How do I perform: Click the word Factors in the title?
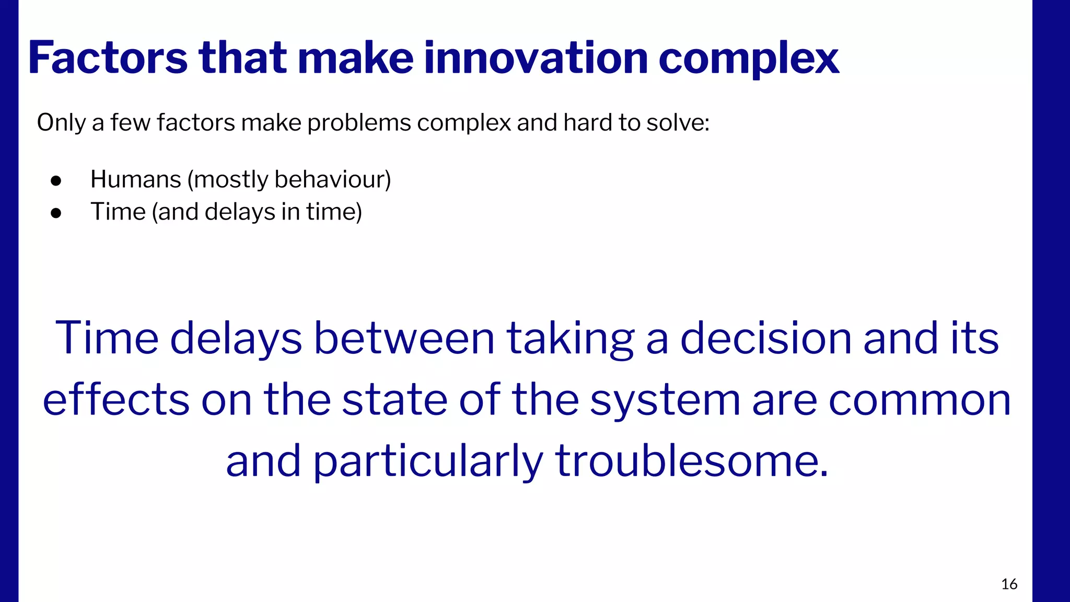coord(108,58)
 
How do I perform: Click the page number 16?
coord(1009,584)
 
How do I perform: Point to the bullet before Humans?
coord(56,181)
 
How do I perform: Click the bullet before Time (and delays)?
coord(56,213)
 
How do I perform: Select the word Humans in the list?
coord(135,179)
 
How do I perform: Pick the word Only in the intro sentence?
coord(61,123)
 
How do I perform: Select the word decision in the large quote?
coord(765,338)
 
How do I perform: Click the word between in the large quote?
coord(404,338)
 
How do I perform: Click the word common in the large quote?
coord(920,400)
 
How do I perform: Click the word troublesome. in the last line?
coord(691,461)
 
